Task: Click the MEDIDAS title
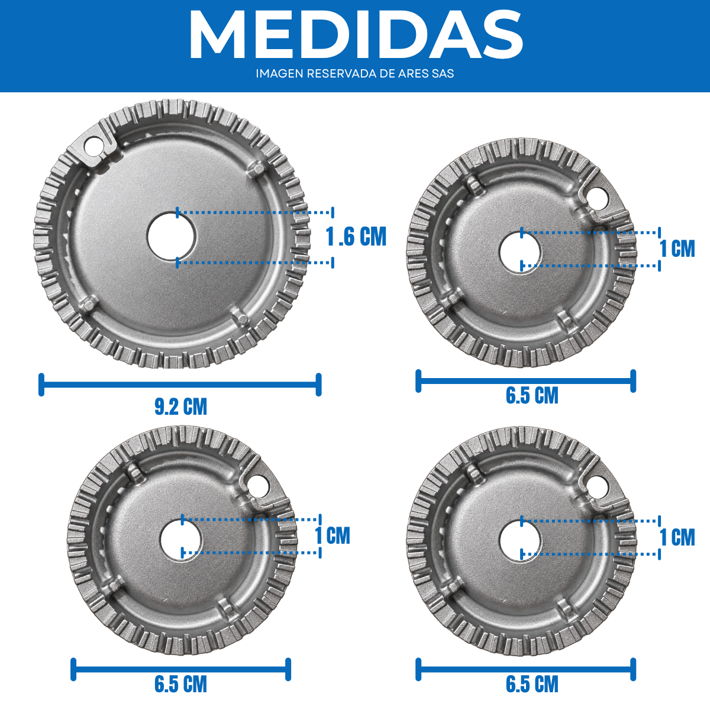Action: (356, 34)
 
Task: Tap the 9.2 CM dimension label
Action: (180, 407)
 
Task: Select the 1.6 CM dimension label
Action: (356, 237)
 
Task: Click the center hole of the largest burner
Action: (172, 237)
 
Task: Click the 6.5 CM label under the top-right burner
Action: (532, 396)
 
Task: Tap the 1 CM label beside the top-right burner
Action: (677, 248)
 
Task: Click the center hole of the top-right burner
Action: (520, 253)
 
